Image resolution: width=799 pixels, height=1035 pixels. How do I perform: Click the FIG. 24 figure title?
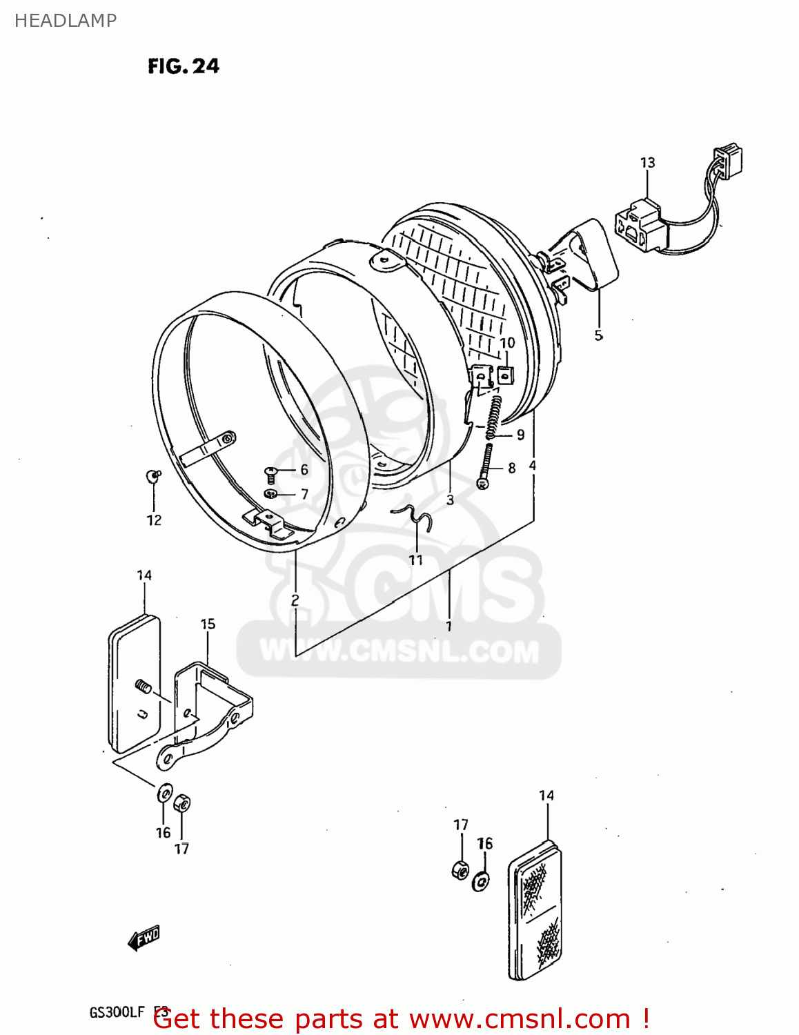(183, 66)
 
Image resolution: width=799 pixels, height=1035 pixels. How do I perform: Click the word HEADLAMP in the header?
(66, 21)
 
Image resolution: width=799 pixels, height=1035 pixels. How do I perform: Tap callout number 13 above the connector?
(647, 163)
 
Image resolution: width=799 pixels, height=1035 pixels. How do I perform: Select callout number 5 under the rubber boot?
(598, 335)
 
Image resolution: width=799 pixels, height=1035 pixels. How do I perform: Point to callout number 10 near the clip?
(507, 343)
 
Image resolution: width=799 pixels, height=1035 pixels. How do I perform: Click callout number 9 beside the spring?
(520, 435)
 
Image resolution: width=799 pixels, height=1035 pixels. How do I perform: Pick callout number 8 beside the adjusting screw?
(511, 468)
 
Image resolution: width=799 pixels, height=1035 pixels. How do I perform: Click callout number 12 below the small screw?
(154, 520)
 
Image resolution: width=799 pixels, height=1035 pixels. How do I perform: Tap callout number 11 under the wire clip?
(415, 560)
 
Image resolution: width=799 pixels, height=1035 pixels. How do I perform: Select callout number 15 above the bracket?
(208, 624)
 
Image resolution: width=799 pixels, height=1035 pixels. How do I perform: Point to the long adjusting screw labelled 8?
(486, 466)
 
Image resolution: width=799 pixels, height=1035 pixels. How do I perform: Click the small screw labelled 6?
(270, 473)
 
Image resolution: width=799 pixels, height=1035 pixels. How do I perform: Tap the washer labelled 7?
(271, 493)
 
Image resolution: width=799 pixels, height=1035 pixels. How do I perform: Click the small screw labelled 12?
(152, 475)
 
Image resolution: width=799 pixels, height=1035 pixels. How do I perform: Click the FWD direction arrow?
(144, 938)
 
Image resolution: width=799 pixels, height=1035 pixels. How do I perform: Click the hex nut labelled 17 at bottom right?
(460, 869)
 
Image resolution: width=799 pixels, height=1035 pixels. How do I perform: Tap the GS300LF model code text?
(117, 1012)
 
